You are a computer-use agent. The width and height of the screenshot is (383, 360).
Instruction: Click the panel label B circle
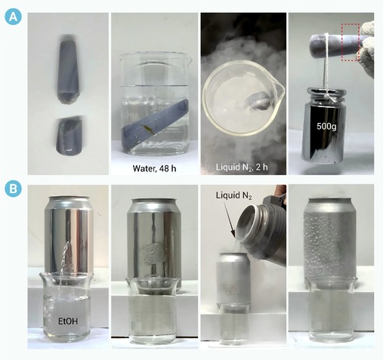tap(13, 189)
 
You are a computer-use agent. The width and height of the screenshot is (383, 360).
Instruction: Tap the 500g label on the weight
tap(326, 127)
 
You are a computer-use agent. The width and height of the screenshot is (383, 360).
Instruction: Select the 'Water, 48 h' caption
tap(154, 168)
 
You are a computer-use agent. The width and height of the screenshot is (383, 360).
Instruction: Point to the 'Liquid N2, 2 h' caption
tap(242, 167)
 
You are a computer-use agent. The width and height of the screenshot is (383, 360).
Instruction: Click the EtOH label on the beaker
tap(68, 322)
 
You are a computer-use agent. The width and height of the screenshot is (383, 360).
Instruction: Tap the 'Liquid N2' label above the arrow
tap(233, 195)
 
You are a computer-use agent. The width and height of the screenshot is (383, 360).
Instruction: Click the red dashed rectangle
tap(351, 42)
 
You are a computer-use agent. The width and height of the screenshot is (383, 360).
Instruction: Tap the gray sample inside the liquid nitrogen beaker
tap(257, 100)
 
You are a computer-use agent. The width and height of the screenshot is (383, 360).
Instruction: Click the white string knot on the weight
tap(330, 97)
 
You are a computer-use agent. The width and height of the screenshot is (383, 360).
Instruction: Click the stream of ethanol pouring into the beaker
tap(63, 262)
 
